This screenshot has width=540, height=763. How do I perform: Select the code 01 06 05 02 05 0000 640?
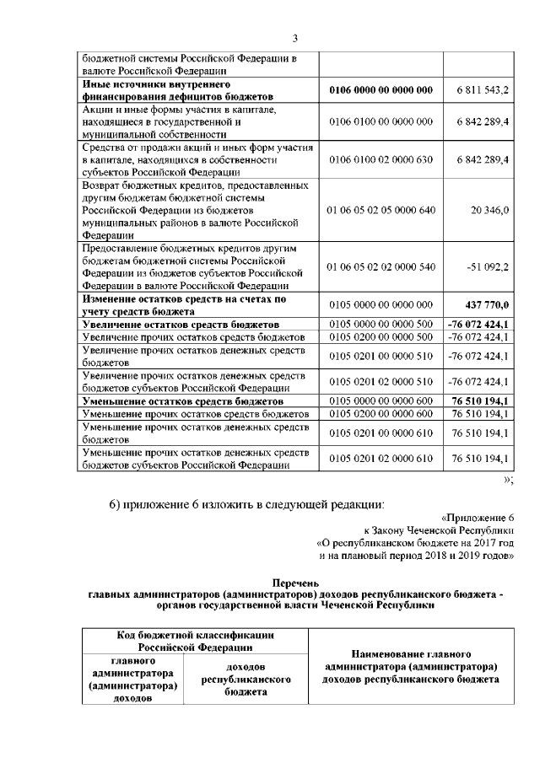point(381,209)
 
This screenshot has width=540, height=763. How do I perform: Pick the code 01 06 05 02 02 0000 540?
point(381,266)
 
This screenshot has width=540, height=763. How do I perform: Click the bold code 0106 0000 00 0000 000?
point(381,90)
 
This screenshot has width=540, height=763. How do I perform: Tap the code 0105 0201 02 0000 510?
point(381,380)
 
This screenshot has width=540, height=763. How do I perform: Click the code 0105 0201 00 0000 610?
point(381,433)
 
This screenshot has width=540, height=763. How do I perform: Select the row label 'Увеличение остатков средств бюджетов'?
point(181,324)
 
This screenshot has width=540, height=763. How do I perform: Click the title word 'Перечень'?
point(296,583)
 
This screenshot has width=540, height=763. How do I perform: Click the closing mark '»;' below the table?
point(508,480)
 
